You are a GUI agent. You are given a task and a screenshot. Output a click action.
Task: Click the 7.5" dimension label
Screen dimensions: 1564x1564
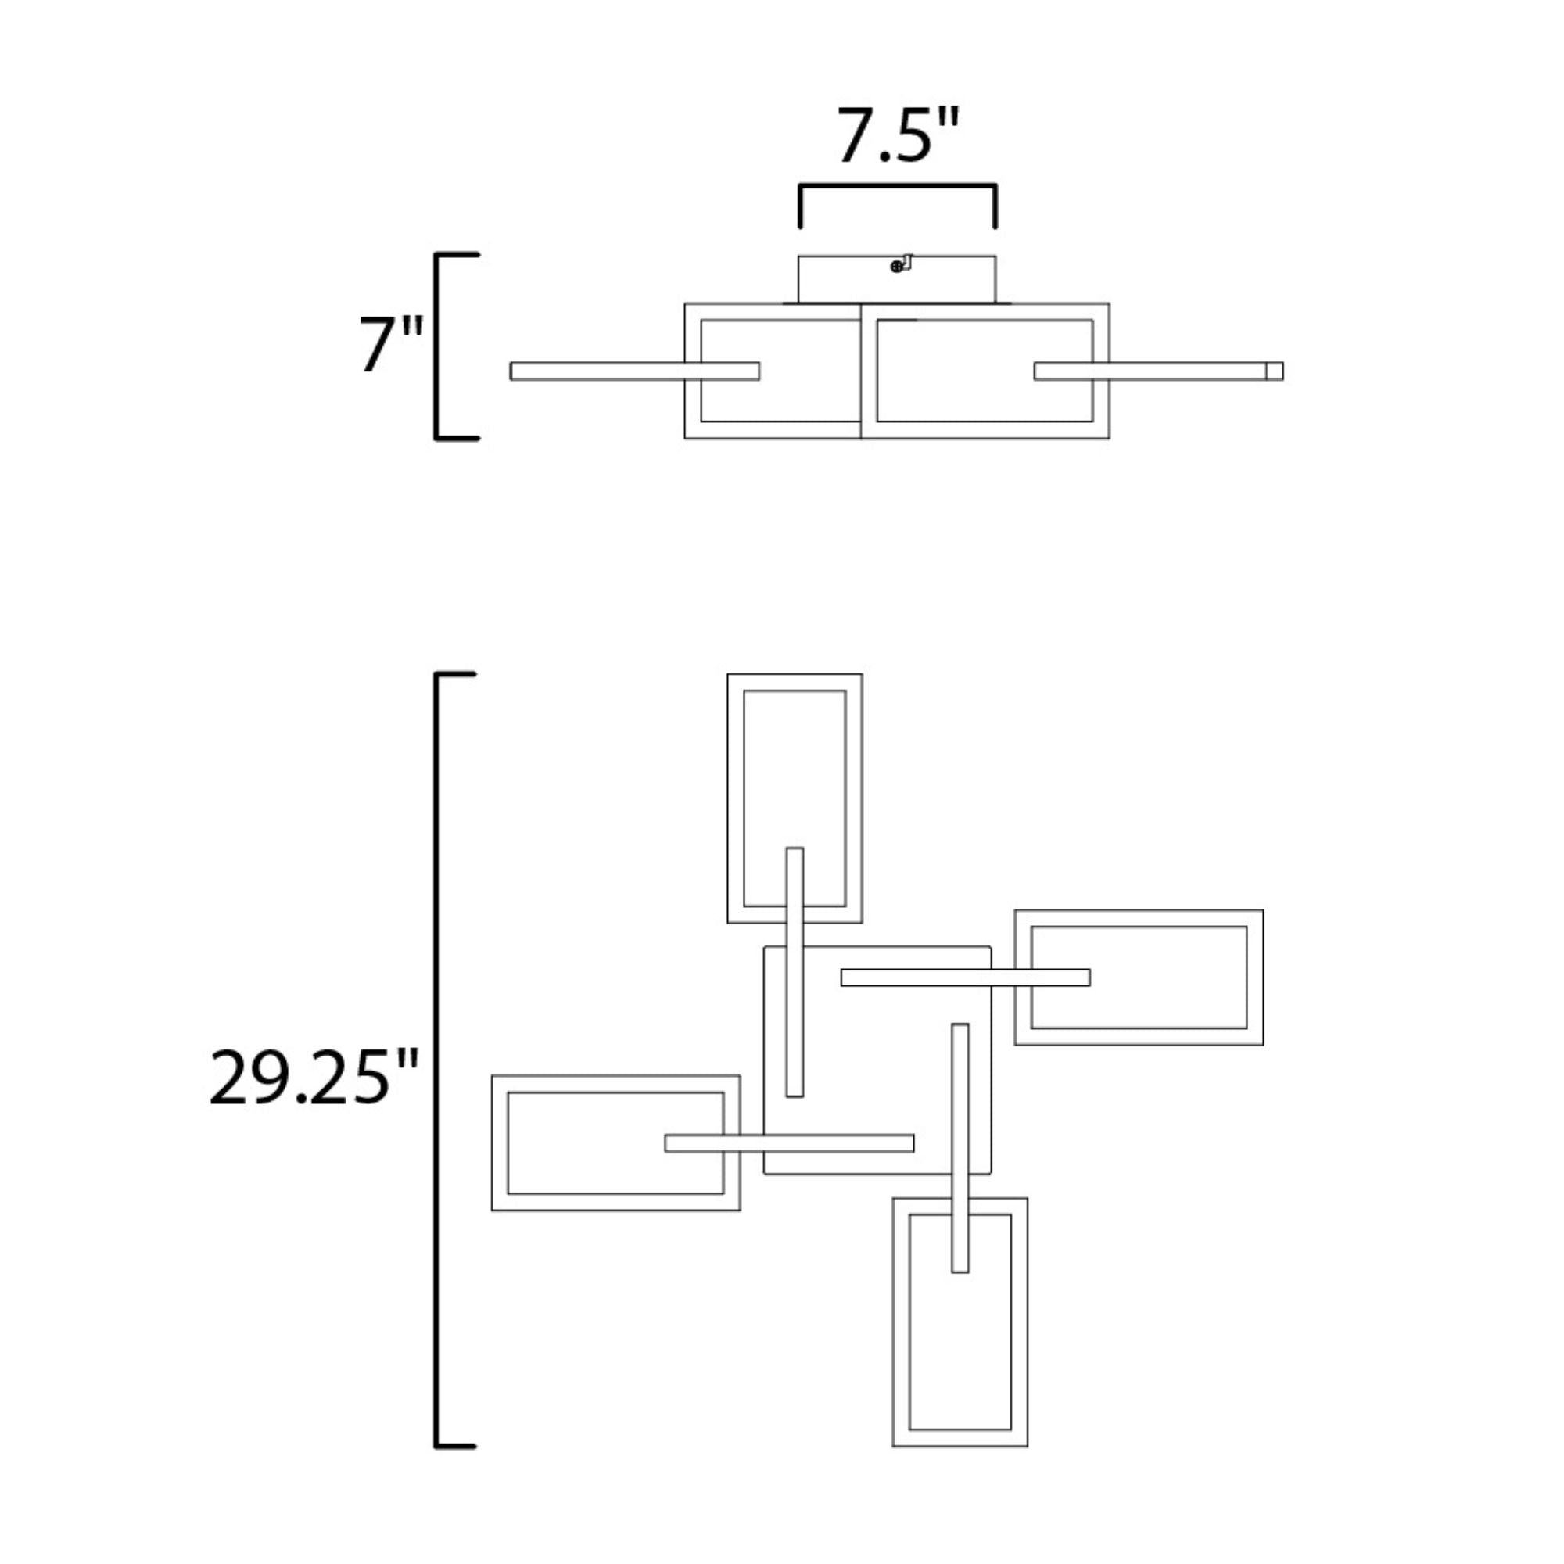[x=897, y=135]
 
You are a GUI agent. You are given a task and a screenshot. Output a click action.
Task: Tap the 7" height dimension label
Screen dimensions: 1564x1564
[x=392, y=344]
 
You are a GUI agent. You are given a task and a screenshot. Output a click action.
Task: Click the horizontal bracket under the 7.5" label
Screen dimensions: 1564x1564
[x=898, y=186]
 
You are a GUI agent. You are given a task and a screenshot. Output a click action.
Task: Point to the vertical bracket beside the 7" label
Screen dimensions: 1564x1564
[x=437, y=346]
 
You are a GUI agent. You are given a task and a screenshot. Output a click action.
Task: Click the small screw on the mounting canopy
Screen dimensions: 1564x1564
[x=896, y=267]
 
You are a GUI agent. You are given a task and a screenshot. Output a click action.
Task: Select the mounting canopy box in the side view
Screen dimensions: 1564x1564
[x=897, y=279]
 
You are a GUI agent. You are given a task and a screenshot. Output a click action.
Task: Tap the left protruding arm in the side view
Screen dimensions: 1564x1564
[x=635, y=371]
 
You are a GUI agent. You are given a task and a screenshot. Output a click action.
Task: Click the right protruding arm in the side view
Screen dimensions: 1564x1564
[x=1158, y=371]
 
